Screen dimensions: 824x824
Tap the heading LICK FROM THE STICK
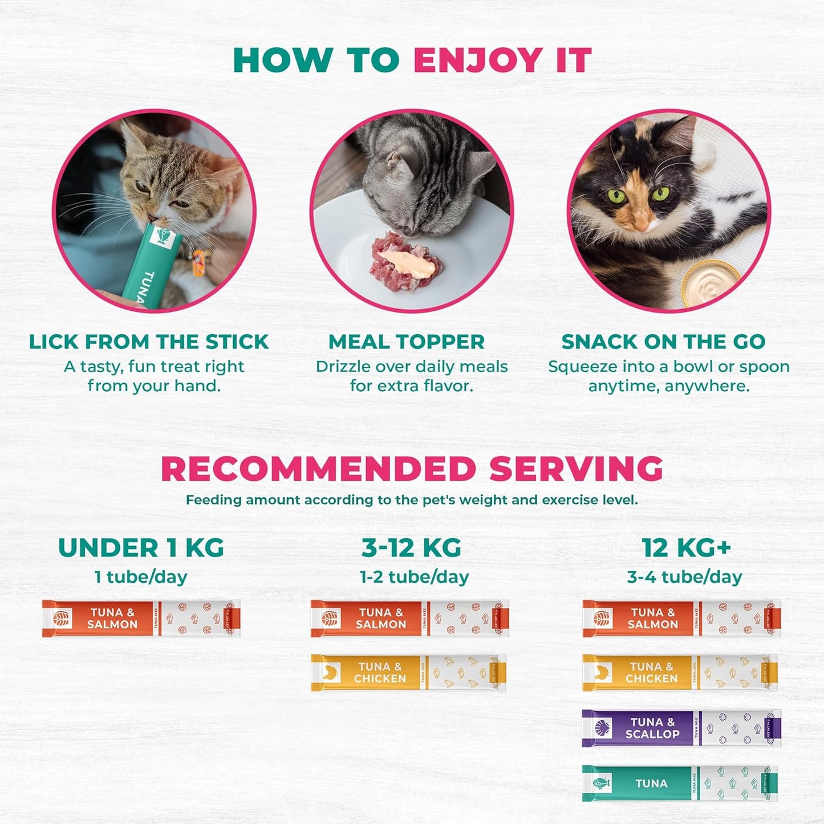tap(149, 342)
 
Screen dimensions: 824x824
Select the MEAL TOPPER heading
tap(406, 342)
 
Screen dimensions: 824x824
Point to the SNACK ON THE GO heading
tap(663, 342)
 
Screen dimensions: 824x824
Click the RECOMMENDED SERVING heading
tap(412, 469)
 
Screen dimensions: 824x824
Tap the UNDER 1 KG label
tap(141, 548)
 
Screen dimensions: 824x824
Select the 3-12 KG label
tap(411, 548)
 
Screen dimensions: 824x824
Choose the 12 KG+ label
tap(686, 548)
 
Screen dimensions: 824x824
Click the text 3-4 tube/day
tap(684, 577)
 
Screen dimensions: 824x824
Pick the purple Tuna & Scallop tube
tap(681, 728)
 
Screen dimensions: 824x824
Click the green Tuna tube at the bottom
tap(680, 783)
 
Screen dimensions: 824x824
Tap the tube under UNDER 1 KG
tap(141, 618)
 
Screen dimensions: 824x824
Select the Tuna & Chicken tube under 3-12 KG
tap(408, 672)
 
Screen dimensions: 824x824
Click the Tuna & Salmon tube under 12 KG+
tap(681, 618)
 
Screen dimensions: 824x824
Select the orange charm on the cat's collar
tap(198, 264)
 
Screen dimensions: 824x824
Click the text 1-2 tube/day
tap(414, 577)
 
